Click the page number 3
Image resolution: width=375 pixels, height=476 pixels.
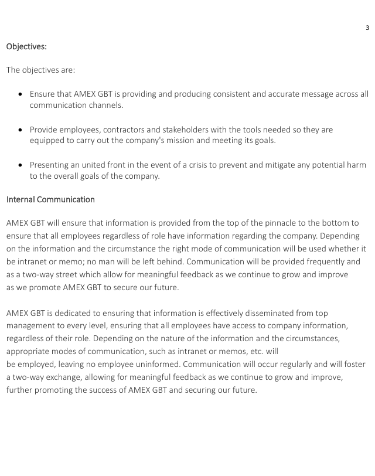click(x=367, y=28)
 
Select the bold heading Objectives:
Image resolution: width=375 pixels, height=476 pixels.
click(x=26, y=45)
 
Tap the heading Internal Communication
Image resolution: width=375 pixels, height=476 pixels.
click(x=50, y=199)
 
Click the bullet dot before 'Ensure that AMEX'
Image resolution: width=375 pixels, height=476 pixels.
click(x=21, y=94)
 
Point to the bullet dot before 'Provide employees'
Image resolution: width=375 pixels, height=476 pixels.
click(x=21, y=130)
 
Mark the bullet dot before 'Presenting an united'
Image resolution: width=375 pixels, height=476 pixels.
click(x=21, y=165)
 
